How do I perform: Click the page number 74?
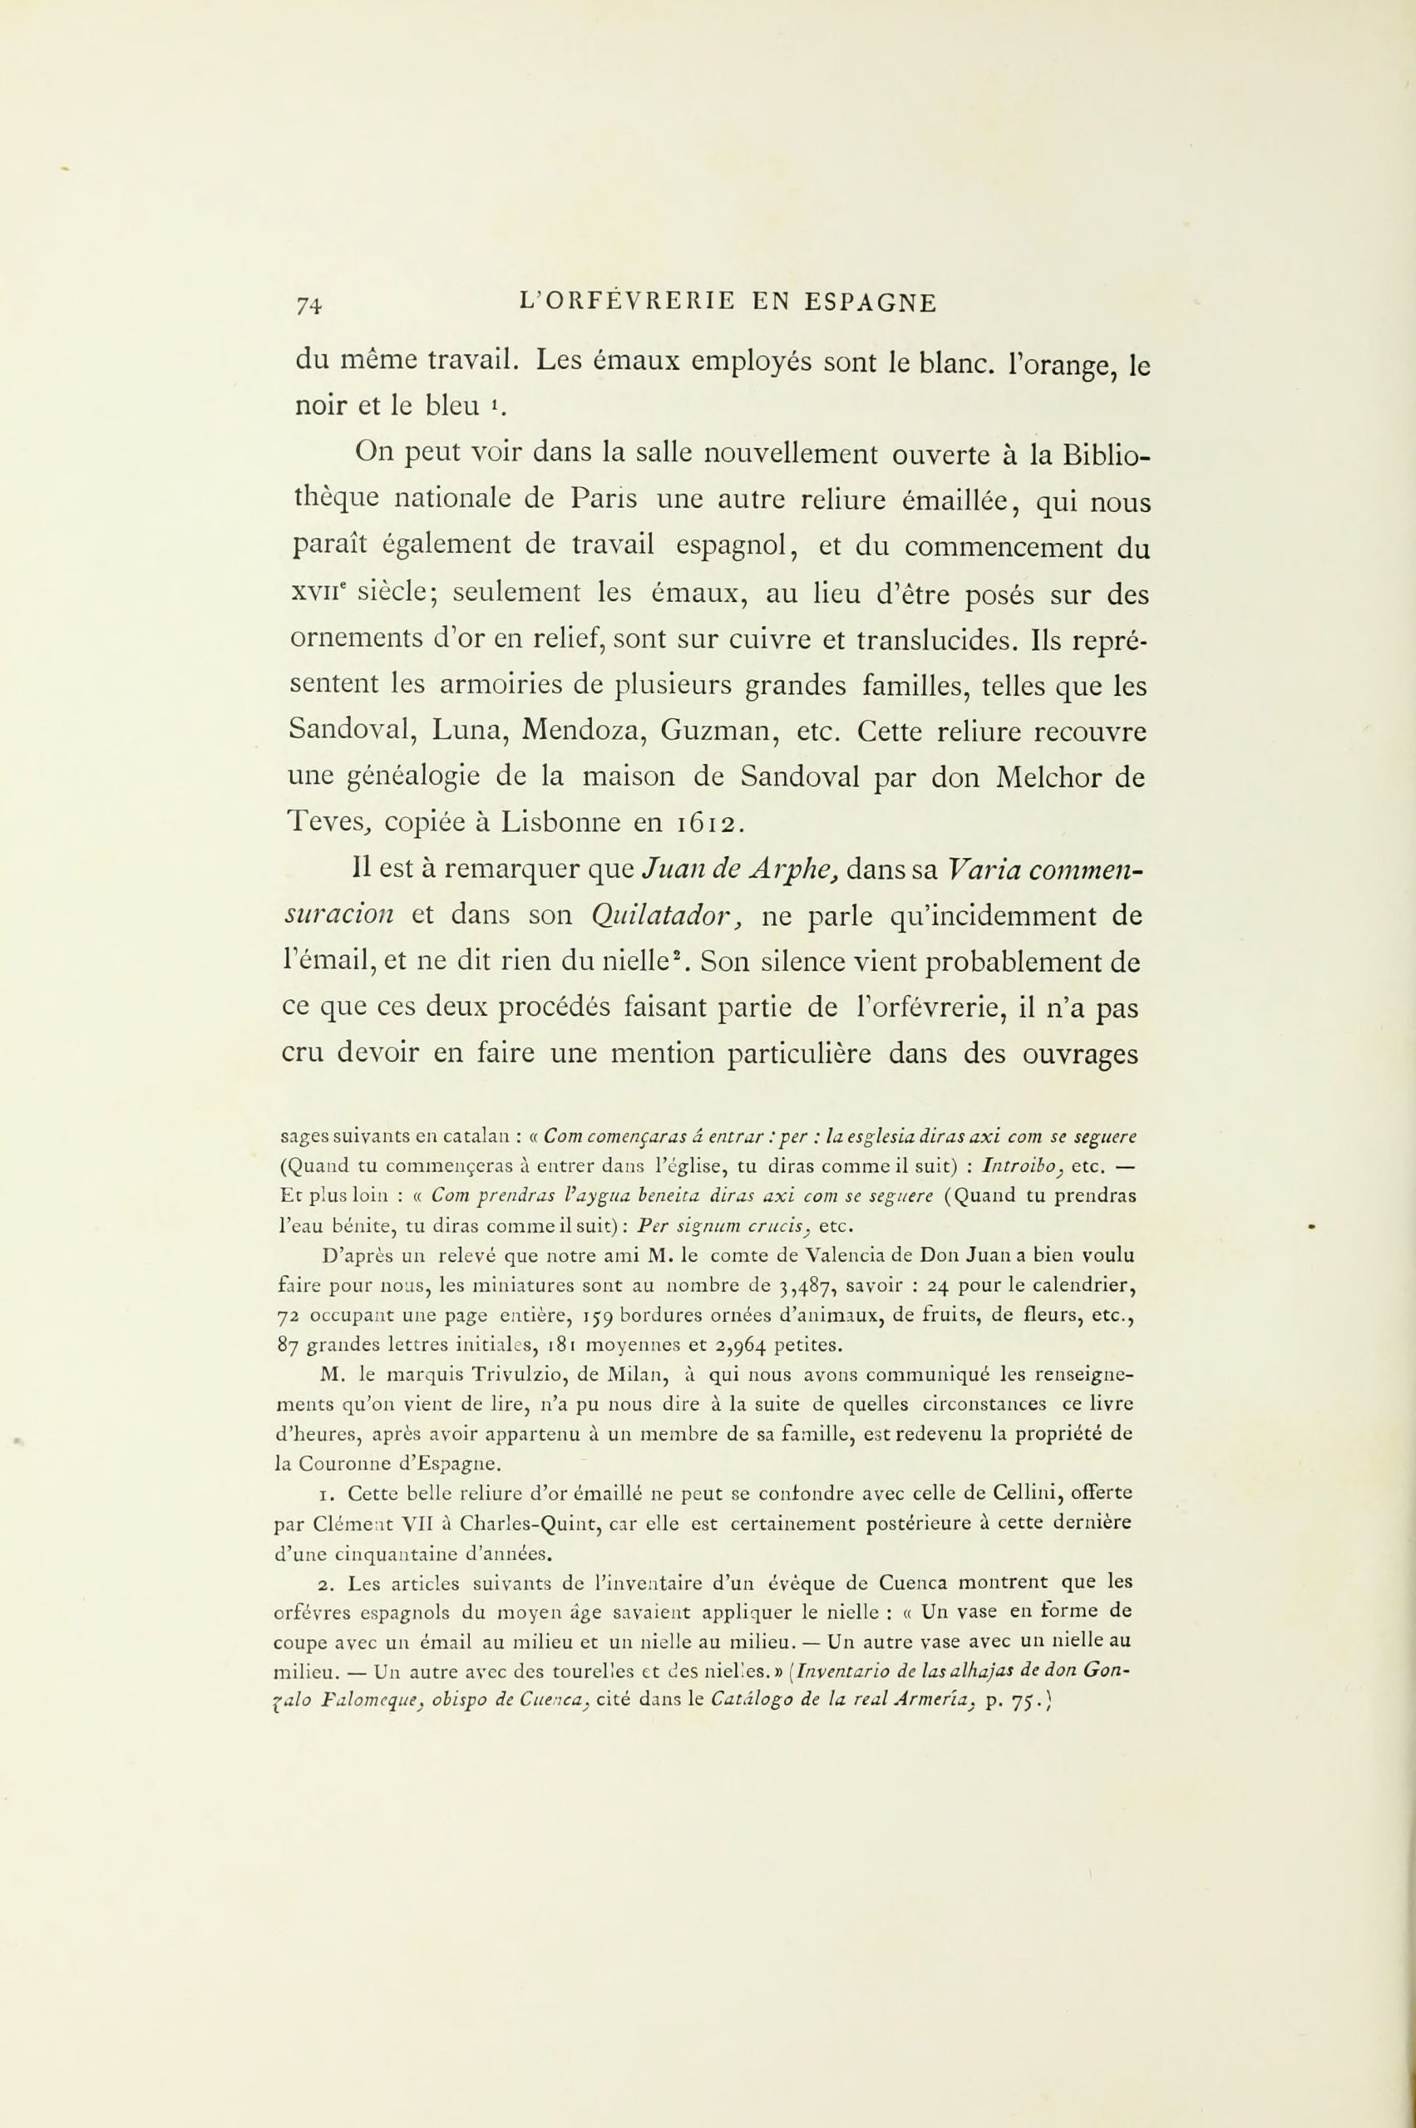(x=308, y=304)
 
